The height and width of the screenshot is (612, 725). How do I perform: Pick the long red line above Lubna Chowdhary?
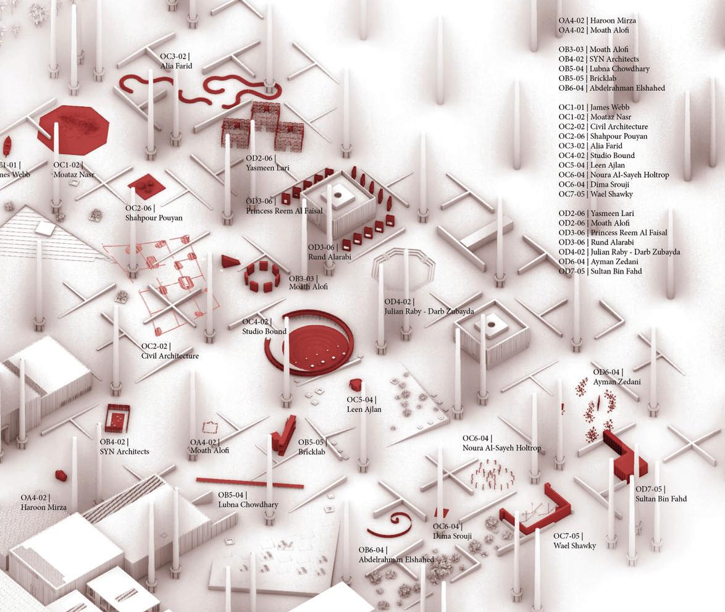249,482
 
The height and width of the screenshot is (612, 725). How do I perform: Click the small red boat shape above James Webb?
7,146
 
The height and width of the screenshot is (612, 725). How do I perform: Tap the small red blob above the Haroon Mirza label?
61,475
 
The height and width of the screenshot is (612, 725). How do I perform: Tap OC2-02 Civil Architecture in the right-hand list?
603,127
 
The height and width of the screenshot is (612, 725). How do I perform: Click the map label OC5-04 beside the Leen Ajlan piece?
361,400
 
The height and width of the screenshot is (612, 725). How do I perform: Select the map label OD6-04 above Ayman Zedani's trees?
608,372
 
